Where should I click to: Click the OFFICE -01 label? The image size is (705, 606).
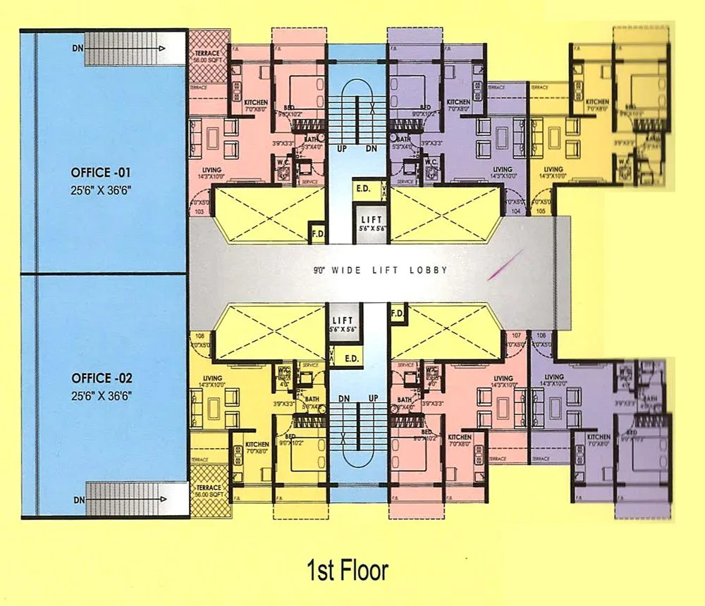pyautogui.click(x=102, y=172)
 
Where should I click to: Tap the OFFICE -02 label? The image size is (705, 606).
pyautogui.click(x=102, y=378)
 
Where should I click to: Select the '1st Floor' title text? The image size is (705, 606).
pyautogui.click(x=347, y=569)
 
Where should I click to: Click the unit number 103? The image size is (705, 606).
pyautogui.click(x=198, y=211)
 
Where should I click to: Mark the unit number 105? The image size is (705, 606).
pyautogui.click(x=541, y=211)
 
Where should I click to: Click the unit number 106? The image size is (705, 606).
pyautogui.click(x=541, y=335)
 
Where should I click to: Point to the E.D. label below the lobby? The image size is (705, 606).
pyautogui.click(x=350, y=358)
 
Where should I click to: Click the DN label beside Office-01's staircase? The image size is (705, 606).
pyautogui.click(x=78, y=49)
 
